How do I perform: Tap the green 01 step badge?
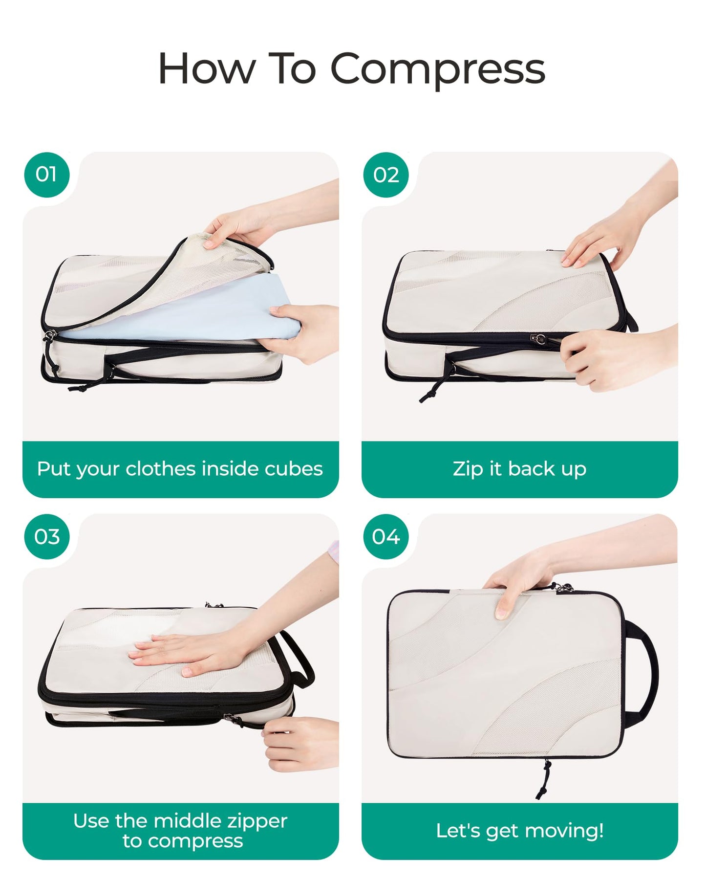pyautogui.click(x=46, y=175)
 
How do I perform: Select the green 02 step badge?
pyautogui.click(x=386, y=175)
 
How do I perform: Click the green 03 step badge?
pyautogui.click(x=46, y=536)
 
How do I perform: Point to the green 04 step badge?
pyautogui.click(x=386, y=536)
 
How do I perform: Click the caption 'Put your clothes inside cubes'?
pyautogui.click(x=180, y=469)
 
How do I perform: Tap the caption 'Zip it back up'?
pyautogui.click(x=519, y=469)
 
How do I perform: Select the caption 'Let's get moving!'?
pyautogui.click(x=519, y=831)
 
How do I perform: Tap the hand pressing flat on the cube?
pyautogui.click(x=186, y=653)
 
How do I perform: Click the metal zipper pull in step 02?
pyautogui.click(x=539, y=338)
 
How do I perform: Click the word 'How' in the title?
pyautogui.click(x=207, y=69)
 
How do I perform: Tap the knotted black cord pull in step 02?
pyautogui.click(x=432, y=389)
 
